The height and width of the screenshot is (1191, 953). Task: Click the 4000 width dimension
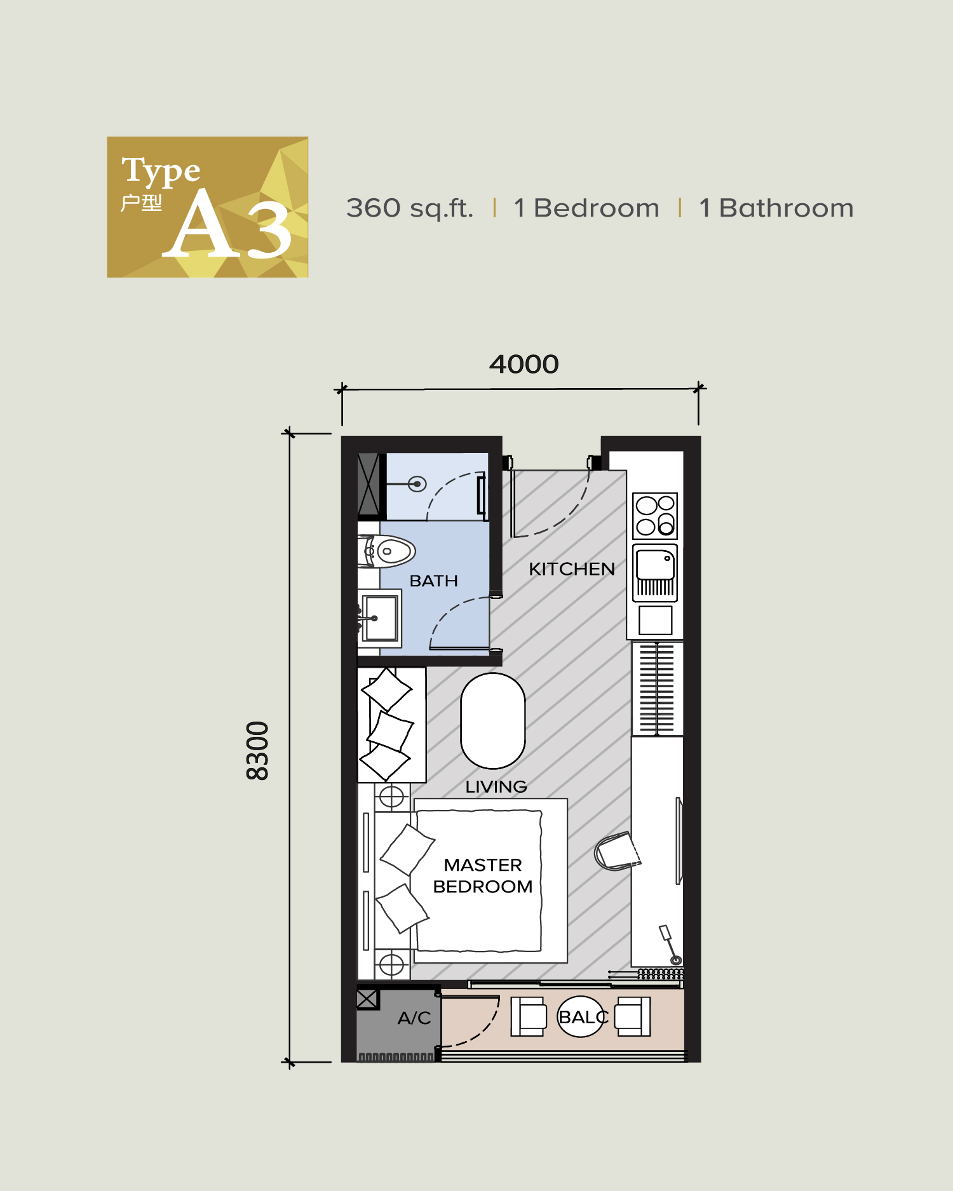click(524, 365)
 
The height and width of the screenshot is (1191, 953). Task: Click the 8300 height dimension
click(258, 750)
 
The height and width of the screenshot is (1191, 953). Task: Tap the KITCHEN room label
click(571, 569)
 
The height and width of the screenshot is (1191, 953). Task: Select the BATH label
click(433, 581)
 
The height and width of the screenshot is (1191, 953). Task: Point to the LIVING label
click(496, 787)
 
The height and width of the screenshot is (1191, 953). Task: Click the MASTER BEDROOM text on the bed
click(483, 876)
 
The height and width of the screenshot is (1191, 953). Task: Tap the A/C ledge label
click(414, 1018)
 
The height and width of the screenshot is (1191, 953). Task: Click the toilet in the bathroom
click(389, 551)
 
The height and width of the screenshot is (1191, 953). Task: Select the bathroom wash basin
click(380, 618)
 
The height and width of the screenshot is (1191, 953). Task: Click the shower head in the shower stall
click(417, 484)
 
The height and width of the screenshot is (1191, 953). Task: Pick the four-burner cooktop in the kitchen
click(655, 515)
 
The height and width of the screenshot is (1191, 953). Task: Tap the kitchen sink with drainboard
click(655, 572)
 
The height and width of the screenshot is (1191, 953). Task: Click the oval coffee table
click(492, 720)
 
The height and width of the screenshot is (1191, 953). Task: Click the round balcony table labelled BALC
click(579, 1017)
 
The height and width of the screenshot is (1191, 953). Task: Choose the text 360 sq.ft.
click(410, 208)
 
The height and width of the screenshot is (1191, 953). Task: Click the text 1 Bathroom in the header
click(776, 208)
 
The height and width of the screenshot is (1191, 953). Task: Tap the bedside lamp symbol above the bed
click(391, 797)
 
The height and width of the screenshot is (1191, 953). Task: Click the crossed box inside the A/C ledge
click(367, 999)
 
